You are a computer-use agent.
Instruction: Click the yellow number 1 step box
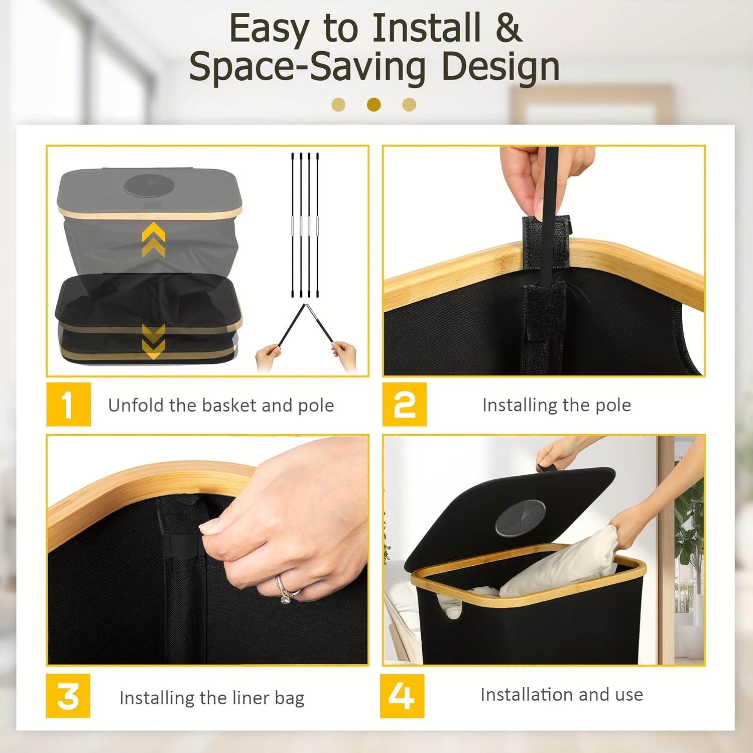pos(68,404)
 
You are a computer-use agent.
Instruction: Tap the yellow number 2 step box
pos(404,404)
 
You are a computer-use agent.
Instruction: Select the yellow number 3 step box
pos(68,696)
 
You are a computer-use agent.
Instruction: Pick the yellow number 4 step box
pos(402,696)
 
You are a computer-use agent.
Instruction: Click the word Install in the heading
pos(426,29)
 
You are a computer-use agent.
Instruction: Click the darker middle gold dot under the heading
pos(373,104)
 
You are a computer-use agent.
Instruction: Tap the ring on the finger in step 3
pos(284,589)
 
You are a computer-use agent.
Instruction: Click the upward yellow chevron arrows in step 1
pos(153,240)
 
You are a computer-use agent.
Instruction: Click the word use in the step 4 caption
pos(629,695)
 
